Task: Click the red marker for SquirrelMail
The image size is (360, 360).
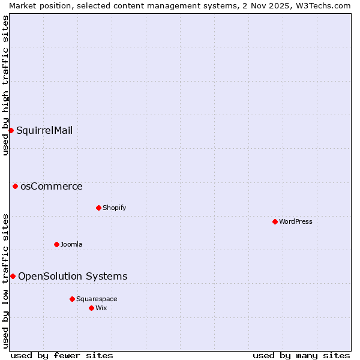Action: [11, 130]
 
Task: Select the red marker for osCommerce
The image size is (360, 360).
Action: [15, 186]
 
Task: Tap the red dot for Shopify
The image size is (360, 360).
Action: [98, 208]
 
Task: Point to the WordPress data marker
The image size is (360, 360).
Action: [275, 221]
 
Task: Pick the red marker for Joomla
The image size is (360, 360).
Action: [56, 244]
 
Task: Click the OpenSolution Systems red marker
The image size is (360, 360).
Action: [13, 276]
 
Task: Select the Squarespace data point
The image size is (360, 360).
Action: [72, 299]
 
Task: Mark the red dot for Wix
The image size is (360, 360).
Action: [91, 308]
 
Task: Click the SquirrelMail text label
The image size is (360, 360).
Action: [44, 130]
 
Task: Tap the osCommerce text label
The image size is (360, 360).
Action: [52, 186]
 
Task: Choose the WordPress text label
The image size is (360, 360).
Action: [296, 221]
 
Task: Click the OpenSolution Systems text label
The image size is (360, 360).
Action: [73, 276]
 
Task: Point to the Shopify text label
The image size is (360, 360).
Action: [114, 208]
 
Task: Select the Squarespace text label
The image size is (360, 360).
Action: [97, 299]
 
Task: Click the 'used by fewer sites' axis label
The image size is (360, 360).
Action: [62, 355]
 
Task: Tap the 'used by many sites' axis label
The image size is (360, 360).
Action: [301, 355]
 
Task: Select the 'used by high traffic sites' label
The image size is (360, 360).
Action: [5, 85]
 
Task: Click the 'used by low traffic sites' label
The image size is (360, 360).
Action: [5, 281]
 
